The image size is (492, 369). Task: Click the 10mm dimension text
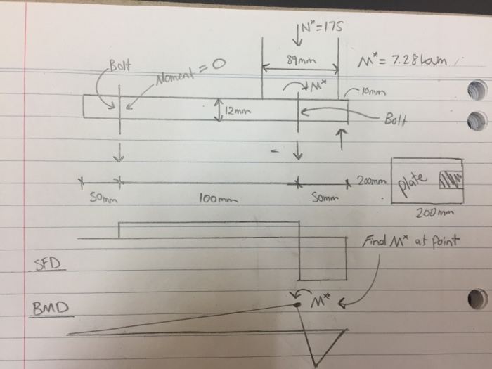pyautogui.click(x=373, y=91)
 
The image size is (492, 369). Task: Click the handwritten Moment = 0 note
pyautogui.click(x=183, y=70)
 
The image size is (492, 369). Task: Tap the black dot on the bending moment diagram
pyautogui.click(x=297, y=304)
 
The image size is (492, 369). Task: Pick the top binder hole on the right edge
pyautogui.click(x=477, y=90)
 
